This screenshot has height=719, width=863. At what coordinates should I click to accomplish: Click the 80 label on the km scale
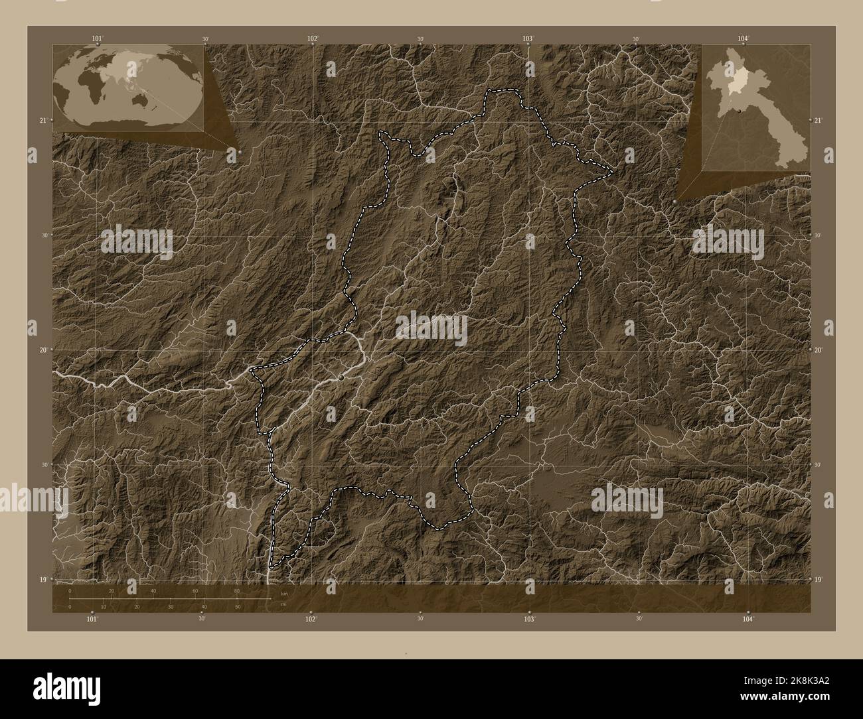click(236, 591)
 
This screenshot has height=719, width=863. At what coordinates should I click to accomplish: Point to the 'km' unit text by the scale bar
click(284, 594)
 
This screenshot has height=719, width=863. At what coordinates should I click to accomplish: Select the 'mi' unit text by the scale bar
click(283, 604)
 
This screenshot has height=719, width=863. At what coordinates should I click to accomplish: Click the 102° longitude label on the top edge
click(313, 38)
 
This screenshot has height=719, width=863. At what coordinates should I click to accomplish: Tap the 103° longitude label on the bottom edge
click(529, 619)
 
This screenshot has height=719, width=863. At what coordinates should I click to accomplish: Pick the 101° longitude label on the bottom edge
click(92, 619)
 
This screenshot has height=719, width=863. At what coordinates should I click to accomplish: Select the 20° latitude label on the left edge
click(43, 350)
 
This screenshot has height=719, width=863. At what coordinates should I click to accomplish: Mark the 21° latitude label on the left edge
click(43, 120)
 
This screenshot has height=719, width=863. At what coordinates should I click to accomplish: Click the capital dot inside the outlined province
click(341, 377)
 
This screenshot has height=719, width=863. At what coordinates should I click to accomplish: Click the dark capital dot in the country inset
click(739, 111)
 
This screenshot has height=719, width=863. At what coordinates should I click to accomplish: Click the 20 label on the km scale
click(112, 591)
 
